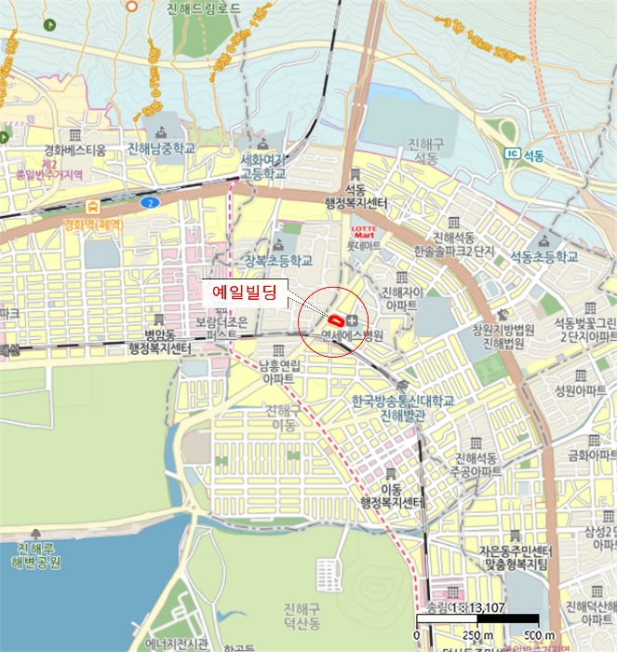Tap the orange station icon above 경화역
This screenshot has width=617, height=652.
[x=93, y=208]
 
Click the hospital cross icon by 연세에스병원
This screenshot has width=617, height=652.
[x=352, y=319]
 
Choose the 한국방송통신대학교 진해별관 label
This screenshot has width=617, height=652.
[x=403, y=407]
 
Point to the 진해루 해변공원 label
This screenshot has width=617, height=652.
[x=34, y=556]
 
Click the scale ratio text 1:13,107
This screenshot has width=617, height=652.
[x=464, y=607]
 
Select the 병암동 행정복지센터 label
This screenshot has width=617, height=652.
[x=160, y=342]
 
